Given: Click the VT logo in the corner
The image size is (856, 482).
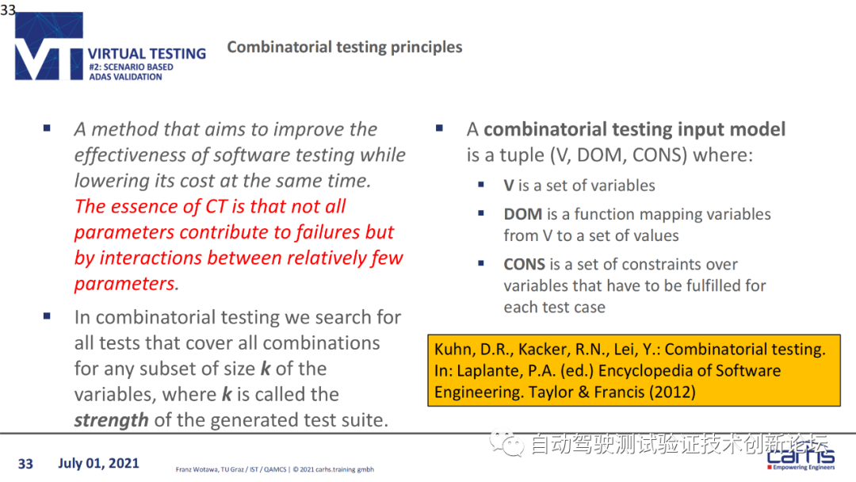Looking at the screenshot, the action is [x=49, y=46].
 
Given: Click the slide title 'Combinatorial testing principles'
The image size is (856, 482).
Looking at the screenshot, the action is [x=345, y=48].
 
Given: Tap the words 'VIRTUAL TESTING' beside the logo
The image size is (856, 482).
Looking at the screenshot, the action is [x=147, y=53].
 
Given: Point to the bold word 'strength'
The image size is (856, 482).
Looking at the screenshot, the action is [x=112, y=420].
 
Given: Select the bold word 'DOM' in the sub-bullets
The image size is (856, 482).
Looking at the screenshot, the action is [x=523, y=214].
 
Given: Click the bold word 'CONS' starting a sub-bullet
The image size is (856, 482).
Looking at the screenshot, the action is [x=524, y=264].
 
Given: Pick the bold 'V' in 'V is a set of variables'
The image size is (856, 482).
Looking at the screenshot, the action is [x=509, y=186].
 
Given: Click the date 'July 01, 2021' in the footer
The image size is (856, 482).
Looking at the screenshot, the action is [x=99, y=464].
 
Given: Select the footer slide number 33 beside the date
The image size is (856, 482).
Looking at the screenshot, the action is [x=25, y=464].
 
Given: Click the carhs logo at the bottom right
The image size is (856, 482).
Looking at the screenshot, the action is [x=801, y=457].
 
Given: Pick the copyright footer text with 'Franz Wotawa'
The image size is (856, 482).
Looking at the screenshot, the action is [x=274, y=469].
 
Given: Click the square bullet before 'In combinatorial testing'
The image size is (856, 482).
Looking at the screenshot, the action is [x=47, y=316].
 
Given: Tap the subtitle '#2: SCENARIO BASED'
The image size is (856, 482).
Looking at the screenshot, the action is [x=131, y=67].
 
